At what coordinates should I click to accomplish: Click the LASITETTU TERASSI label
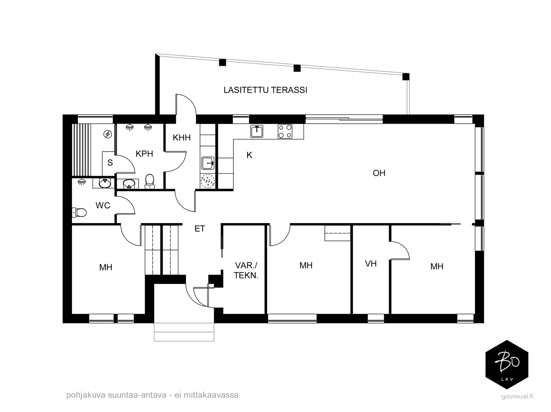tap(265, 90)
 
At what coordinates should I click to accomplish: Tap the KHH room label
tap(182, 137)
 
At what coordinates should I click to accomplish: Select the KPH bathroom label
tap(144, 154)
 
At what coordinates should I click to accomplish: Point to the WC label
tap(103, 205)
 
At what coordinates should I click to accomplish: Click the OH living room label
tap(379, 173)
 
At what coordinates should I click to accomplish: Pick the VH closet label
tap(371, 264)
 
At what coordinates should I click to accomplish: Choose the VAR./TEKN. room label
tap(246, 270)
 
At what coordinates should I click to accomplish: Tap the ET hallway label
tap(200, 228)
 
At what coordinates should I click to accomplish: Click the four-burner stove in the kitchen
tap(285, 131)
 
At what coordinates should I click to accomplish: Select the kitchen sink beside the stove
tap(257, 131)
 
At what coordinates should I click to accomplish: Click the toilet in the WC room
tap(79, 213)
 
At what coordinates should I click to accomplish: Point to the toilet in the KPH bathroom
tap(149, 181)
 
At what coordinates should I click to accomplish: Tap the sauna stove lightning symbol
tap(108, 134)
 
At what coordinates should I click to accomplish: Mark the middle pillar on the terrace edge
tap(297, 68)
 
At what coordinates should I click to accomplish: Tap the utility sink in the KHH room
tap(208, 163)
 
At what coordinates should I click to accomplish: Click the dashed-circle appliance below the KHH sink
tap(208, 181)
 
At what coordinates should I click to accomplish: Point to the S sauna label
tap(110, 163)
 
